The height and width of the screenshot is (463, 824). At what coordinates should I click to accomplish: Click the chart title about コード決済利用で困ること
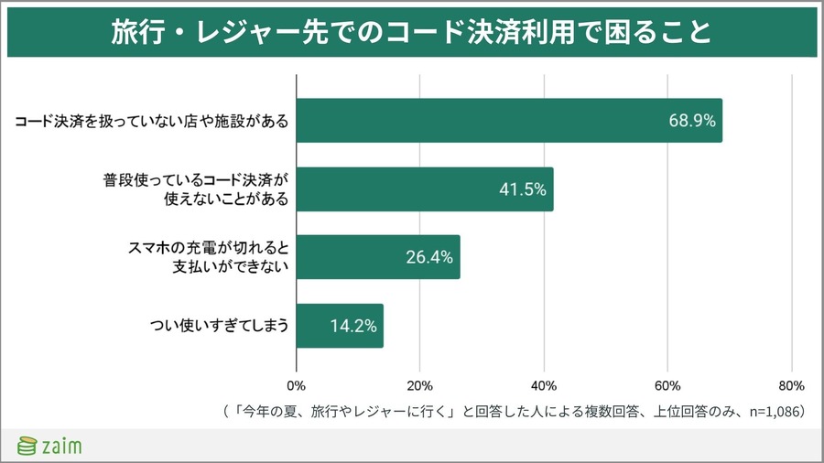pyautogui.click(x=411, y=31)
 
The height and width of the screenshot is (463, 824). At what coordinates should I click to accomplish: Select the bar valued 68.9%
pyautogui.click(x=508, y=121)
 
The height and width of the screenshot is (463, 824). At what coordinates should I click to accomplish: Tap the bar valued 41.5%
pyautogui.click(x=425, y=189)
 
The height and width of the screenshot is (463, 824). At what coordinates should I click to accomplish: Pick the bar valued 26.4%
pyautogui.click(x=377, y=257)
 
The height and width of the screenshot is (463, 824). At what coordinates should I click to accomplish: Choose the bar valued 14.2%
pyautogui.click(x=340, y=326)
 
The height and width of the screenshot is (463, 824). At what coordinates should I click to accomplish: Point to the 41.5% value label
pyautogui.click(x=522, y=189)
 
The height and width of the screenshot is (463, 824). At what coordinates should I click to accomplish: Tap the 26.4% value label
pyautogui.click(x=428, y=257)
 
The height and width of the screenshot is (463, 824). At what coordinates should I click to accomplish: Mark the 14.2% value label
pyautogui.click(x=352, y=326)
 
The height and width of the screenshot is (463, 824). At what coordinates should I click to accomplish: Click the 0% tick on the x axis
pyautogui.click(x=297, y=385)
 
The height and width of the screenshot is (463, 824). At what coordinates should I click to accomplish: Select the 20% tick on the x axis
pyautogui.click(x=419, y=385)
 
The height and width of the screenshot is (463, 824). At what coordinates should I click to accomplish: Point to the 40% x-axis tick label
pyautogui.click(x=544, y=385)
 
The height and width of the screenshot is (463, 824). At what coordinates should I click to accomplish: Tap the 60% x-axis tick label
pyautogui.click(x=667, y=385)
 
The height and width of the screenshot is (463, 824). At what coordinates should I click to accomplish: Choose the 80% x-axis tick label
pyautogui.click(x=791, y=385)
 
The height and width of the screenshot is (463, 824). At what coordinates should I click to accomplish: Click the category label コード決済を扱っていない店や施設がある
pyautogui.click(x=152, y=121)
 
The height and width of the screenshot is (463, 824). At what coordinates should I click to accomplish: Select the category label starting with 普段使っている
pyautogui.click(x=196, y=188)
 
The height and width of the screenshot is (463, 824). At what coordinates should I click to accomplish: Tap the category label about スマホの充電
pyautogui.click(x=206, y=257)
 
